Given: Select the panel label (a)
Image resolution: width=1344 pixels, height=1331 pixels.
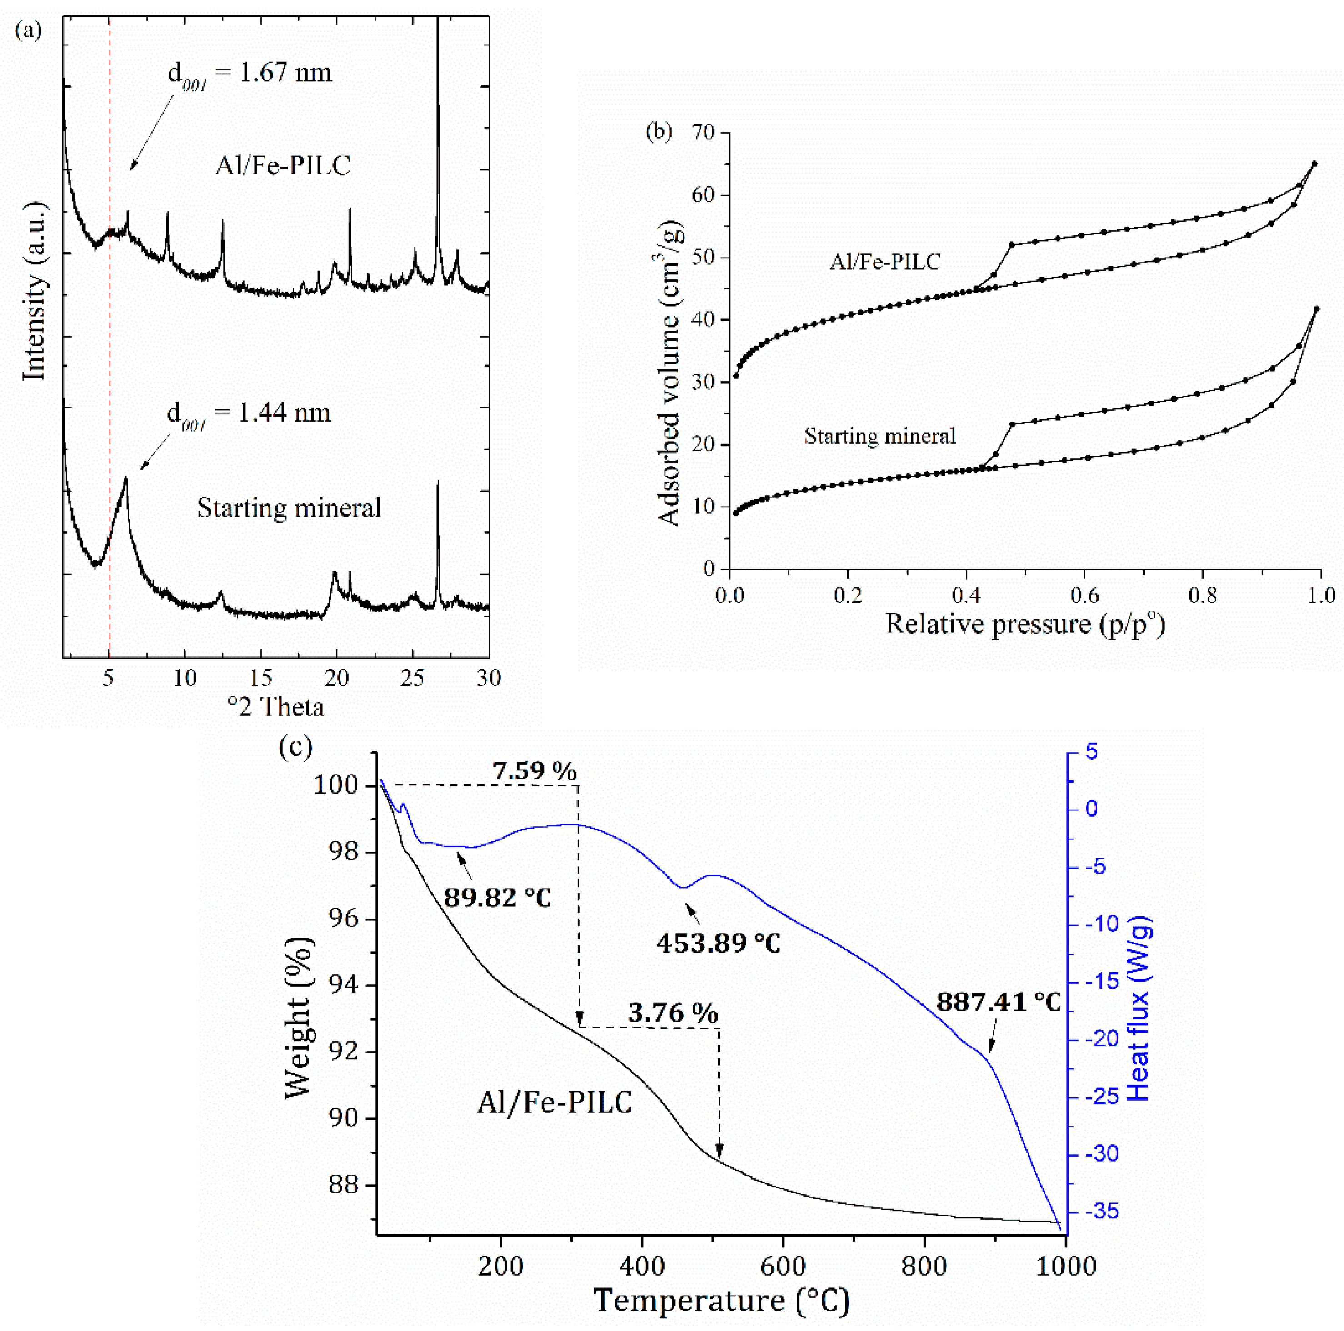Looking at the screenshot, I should [x=29, y=30].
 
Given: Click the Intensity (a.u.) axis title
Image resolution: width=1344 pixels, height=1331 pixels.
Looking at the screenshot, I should [x=33, y=291].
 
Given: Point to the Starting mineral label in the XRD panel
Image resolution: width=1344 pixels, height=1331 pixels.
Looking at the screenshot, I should [x=289, y=508].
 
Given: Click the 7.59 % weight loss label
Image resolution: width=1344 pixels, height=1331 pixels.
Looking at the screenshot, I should [x=534, y=771].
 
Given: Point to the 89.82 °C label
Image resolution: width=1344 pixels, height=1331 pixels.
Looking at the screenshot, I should [x=497, y=898].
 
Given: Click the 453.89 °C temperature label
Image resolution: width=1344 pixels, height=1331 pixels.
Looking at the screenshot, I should [x=719, y=944].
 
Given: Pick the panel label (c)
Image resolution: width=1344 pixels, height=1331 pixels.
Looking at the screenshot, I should [x=295, y=748].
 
